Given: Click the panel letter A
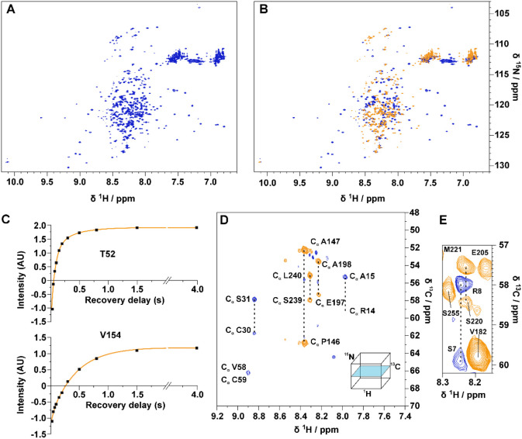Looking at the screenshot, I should coord(6,6).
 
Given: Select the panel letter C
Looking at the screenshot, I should coord(6,219).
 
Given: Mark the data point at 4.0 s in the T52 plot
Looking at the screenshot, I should coord(197,227).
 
